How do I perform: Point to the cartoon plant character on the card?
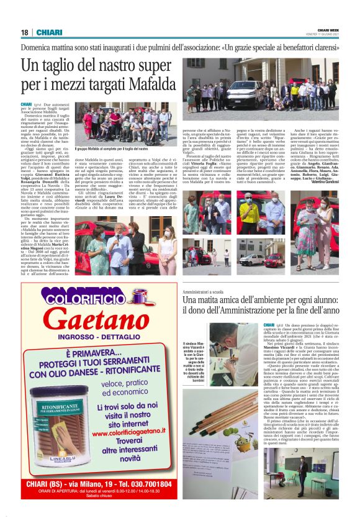239,432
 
